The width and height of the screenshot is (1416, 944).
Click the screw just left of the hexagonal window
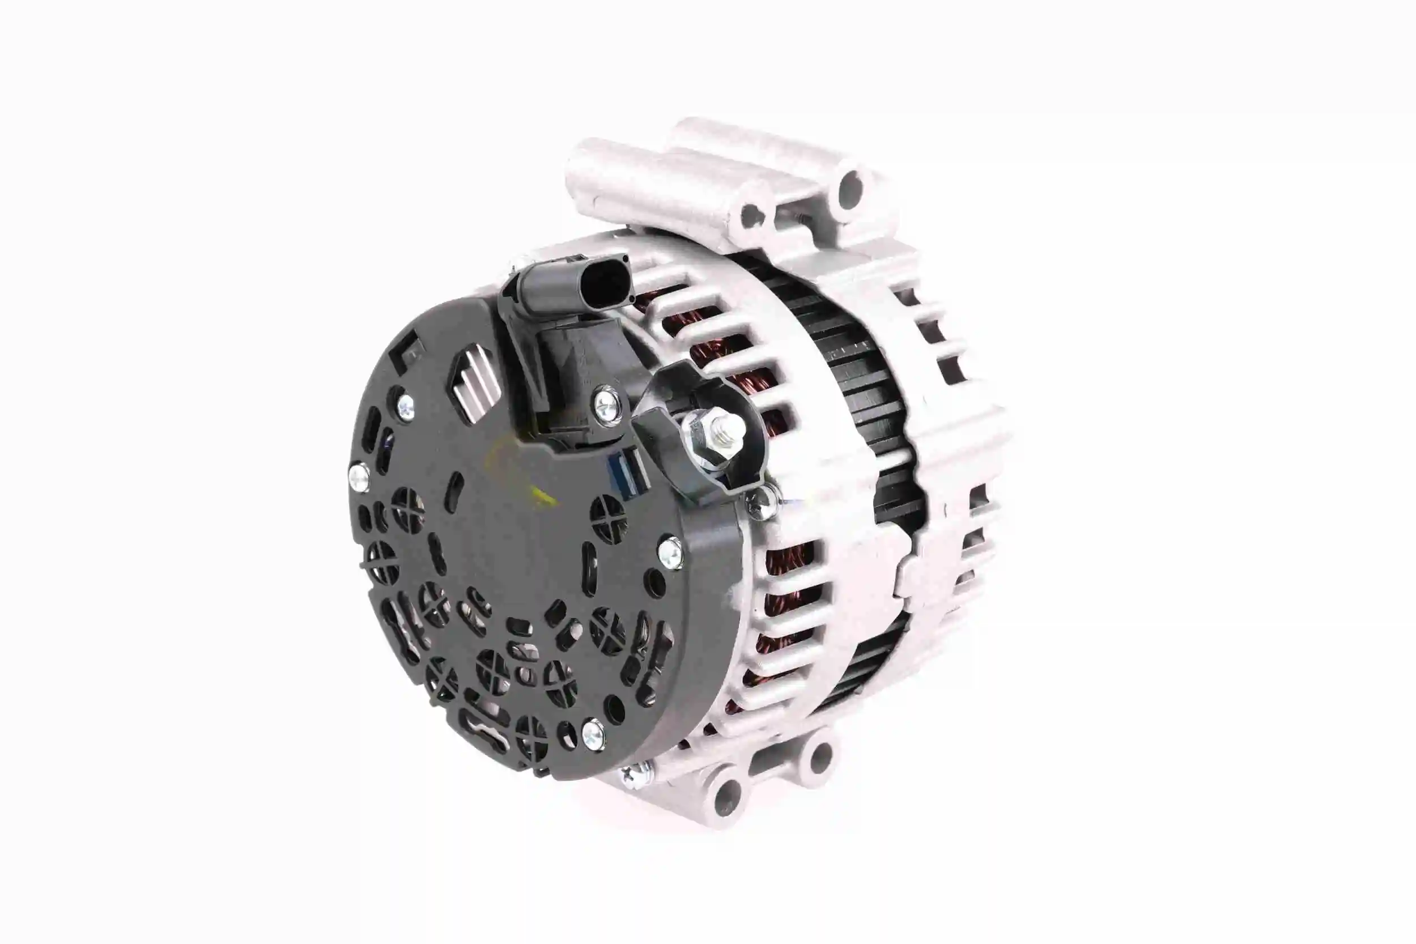click(x=405, y=407)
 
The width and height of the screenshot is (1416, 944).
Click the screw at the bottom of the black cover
click(x=593, y=734)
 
